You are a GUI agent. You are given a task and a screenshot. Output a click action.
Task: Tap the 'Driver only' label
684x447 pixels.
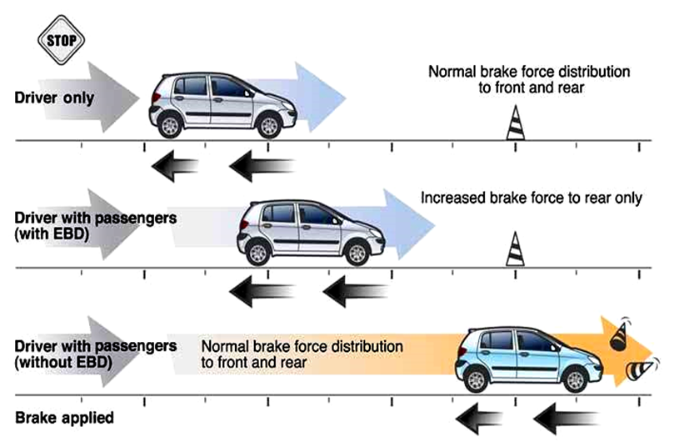coord(54,98)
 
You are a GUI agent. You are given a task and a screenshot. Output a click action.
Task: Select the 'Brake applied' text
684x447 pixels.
coord(64,417)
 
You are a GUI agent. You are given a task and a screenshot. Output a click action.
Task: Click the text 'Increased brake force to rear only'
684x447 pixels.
coord(532,198)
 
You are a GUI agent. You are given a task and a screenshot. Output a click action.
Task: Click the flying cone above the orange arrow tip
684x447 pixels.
coord(619,334)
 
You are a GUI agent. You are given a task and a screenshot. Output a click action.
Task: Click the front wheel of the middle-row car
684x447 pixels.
coord(357,253)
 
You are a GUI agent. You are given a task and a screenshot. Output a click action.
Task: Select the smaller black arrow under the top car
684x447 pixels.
coord(174,166)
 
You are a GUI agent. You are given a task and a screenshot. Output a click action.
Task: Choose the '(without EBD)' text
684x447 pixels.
coord(61,362)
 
